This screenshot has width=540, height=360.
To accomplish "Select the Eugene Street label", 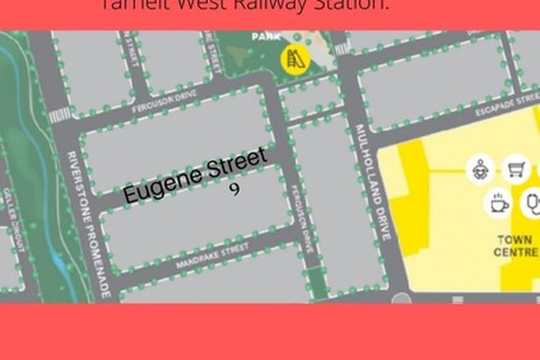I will tap(196, 176).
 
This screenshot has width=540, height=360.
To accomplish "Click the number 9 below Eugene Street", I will tap(235, 189).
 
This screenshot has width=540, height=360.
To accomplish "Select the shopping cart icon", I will tap(516, 169).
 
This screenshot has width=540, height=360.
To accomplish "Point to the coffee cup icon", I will tap(498, 204).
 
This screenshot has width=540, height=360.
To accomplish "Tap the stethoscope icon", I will tap(533, 202).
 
